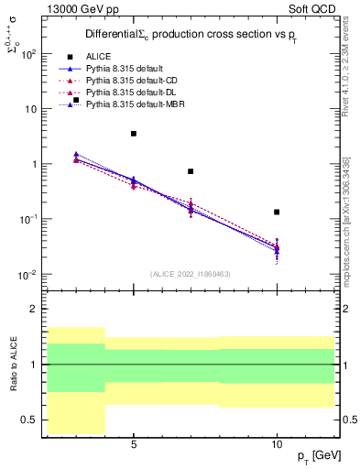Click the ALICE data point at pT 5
point(134,134)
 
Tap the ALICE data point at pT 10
point(277,212)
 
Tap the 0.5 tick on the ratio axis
point(28,420)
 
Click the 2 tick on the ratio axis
point(33,309)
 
